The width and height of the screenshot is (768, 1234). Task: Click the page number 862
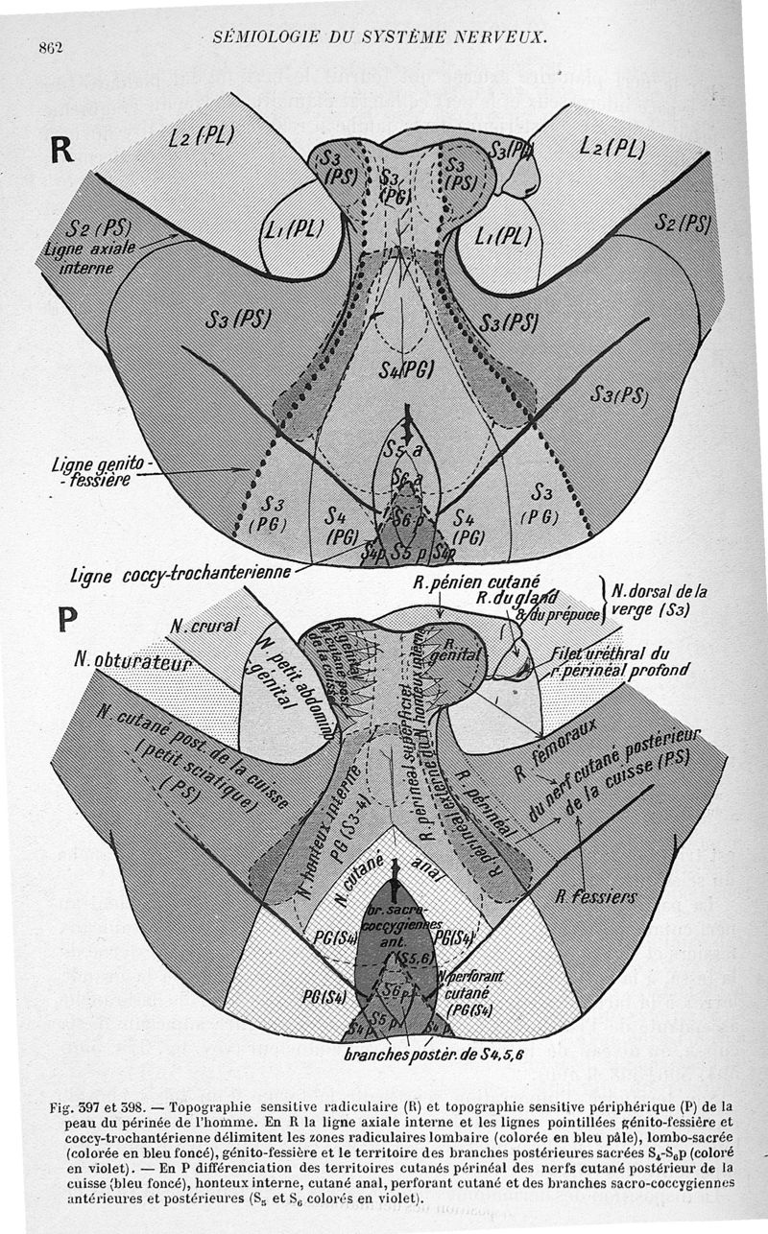click(x=50, y=48)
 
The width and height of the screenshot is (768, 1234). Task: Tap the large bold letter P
click(x=66, y=617)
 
